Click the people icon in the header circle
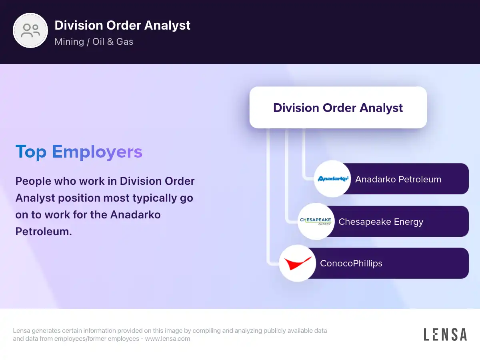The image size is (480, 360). click(30, 30)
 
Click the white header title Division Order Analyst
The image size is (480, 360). click(122, 25)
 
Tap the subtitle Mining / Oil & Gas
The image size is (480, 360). click(94, 42)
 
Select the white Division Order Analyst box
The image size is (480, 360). click(338, 108)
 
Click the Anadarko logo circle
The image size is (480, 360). click(332, 179)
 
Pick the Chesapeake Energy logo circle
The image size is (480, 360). click(316, 222)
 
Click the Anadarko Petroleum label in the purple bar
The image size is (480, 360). click(398, 179)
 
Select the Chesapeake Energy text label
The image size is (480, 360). click(381, 222)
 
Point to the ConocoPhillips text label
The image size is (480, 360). click(351, 263)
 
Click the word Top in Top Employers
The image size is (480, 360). click(31, 152)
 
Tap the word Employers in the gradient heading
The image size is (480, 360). click(97, 152)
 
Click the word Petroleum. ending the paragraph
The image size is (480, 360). click(44, 231)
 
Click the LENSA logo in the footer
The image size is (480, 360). click(445, 334)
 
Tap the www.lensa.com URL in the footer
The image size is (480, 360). click(168, 338)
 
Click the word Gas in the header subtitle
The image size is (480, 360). click(125, 42)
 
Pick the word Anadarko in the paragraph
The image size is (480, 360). click(135, 215)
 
